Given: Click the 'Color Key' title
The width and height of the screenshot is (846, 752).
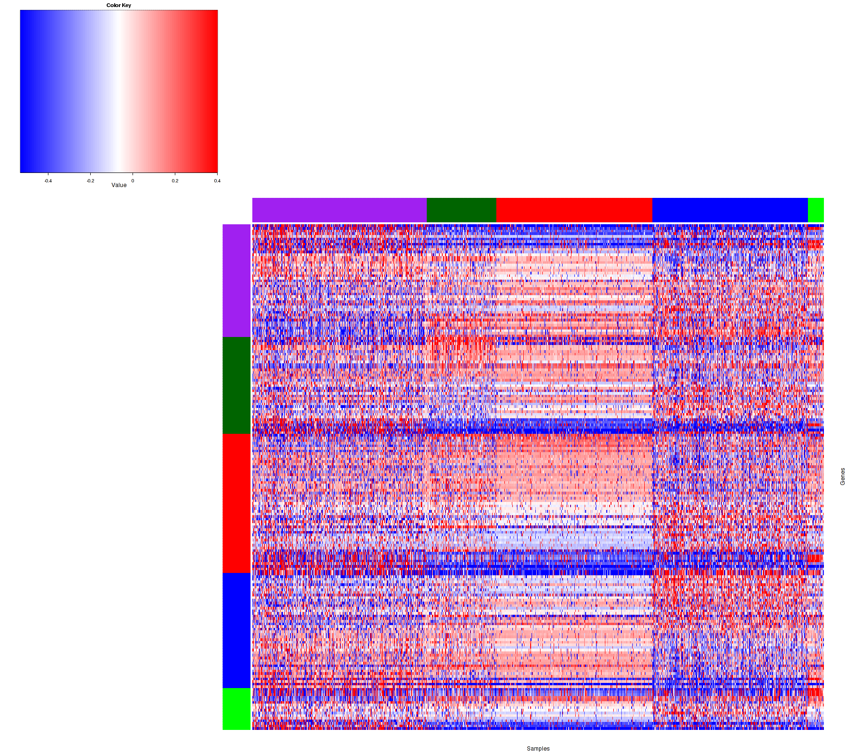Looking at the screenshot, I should click(118, 5).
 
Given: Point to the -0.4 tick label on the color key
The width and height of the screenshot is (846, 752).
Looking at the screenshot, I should click(47, 180).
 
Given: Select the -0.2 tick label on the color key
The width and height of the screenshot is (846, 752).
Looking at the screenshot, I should click(90, 180).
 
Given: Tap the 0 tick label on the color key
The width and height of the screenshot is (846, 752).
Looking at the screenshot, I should click(133, 180).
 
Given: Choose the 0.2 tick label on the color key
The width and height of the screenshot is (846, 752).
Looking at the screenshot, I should click(175, 180).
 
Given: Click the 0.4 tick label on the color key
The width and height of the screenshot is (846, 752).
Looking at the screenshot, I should click(217, 180).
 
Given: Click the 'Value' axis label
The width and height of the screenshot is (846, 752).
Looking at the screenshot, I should click(119, 185).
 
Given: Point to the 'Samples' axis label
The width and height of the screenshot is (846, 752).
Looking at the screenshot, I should click(538, 749).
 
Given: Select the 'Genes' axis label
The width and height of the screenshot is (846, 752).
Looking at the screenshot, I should click(842, 477).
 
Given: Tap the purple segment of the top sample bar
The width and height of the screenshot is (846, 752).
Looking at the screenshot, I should click(339, 210).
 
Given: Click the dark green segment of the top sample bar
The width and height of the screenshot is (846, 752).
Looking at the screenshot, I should click(461, 210).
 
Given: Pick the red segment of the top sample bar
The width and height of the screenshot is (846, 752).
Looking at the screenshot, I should click(574, 210).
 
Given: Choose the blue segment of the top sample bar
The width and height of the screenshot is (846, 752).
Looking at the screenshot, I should click(729, 210).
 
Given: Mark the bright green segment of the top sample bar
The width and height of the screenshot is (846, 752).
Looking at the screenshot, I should click(815, 210).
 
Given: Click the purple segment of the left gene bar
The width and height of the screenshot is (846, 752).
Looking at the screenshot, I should click(236, 281).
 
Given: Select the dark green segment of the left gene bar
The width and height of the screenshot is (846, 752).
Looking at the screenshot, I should click(236, 385).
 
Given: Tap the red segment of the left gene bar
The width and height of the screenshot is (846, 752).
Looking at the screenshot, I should click(236, 503).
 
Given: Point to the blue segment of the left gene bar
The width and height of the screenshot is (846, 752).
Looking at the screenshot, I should click(236, 630).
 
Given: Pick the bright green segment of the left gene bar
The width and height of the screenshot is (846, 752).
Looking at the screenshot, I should click(236, 709).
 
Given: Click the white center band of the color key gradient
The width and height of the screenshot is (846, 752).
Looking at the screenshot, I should click(117, 92).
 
